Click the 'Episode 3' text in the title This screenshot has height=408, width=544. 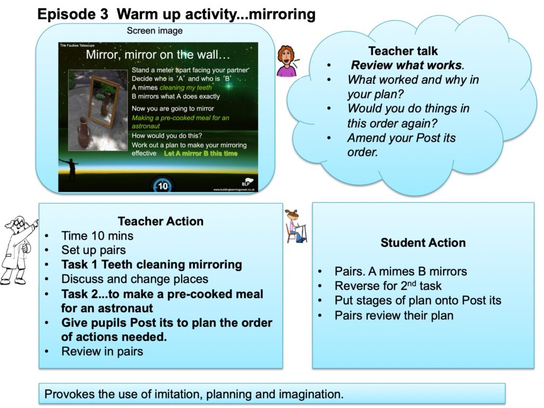coord(72,14)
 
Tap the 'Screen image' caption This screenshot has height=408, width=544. coord(155,30)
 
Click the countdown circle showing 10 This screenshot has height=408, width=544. coord(163,185)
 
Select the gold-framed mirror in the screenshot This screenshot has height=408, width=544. coord(104,100)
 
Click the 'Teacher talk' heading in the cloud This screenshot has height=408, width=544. coord(403,51)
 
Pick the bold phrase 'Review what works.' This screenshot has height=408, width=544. coord(407,65)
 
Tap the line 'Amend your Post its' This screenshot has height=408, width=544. coord(402,138)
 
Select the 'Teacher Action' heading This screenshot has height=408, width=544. coord(160,222)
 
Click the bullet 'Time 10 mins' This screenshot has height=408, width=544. coord(97,236)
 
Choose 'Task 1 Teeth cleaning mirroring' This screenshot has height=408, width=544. coord(151,265)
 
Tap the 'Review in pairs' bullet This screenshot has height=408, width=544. coord(102,352)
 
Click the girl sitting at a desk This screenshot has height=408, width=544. coord(295,226)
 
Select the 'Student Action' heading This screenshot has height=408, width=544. coord(423,243)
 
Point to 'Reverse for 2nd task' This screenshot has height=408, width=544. coord(388,285)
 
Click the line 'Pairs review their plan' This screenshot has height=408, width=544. coord(394,316)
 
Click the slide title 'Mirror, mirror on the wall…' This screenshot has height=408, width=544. coord(158,55)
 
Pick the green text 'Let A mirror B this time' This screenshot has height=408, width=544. coord(201,154)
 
